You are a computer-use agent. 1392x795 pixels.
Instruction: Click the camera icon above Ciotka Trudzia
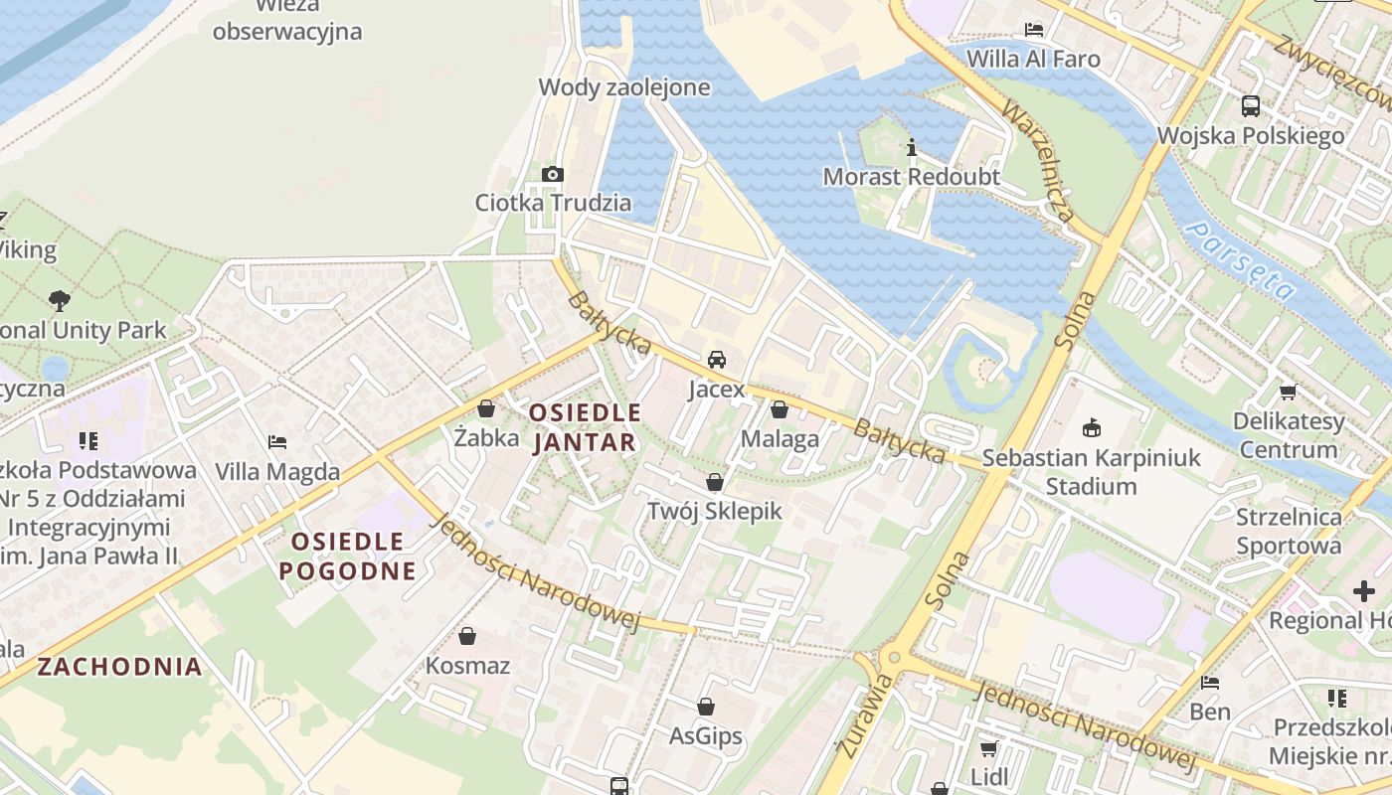coord(553,175)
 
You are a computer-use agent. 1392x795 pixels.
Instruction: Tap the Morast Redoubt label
coord(911,177)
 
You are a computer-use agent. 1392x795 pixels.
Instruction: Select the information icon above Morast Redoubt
coord(912,149)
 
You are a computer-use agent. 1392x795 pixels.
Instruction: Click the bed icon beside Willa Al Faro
coord(1034,30)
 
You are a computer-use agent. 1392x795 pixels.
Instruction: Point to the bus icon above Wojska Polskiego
coord(1251,105)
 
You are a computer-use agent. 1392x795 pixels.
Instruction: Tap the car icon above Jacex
coord(716,360)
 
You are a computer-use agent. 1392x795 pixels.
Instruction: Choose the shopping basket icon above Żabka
coord(486,408)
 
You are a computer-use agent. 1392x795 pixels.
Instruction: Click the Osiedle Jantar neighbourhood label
coord(585,427)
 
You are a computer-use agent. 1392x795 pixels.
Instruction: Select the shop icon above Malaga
coord(780,409)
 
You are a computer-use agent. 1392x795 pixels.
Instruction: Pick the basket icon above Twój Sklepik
coord(714,483)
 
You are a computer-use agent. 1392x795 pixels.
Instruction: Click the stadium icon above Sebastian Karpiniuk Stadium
coord(1091,429)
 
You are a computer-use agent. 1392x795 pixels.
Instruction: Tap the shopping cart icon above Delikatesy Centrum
coord(1288,393)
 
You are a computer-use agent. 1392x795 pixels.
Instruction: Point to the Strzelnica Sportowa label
coord(1288,531)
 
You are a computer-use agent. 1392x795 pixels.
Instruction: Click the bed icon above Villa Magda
coord(277,442)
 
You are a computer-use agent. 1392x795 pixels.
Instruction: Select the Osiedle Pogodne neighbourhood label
coord(347,556)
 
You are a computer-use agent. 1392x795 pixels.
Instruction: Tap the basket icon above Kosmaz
coord(467,636)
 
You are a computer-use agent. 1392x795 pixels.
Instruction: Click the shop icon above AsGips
coord(705,707)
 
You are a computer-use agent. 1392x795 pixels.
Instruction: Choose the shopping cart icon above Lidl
coord(988,748)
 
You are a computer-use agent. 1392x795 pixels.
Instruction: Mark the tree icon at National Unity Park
coord(59,300)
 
